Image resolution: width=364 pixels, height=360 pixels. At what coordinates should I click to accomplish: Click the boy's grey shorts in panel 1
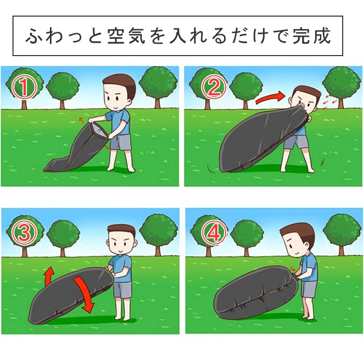(121, 142)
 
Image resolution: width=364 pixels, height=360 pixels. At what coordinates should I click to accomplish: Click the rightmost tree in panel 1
(158, 85)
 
